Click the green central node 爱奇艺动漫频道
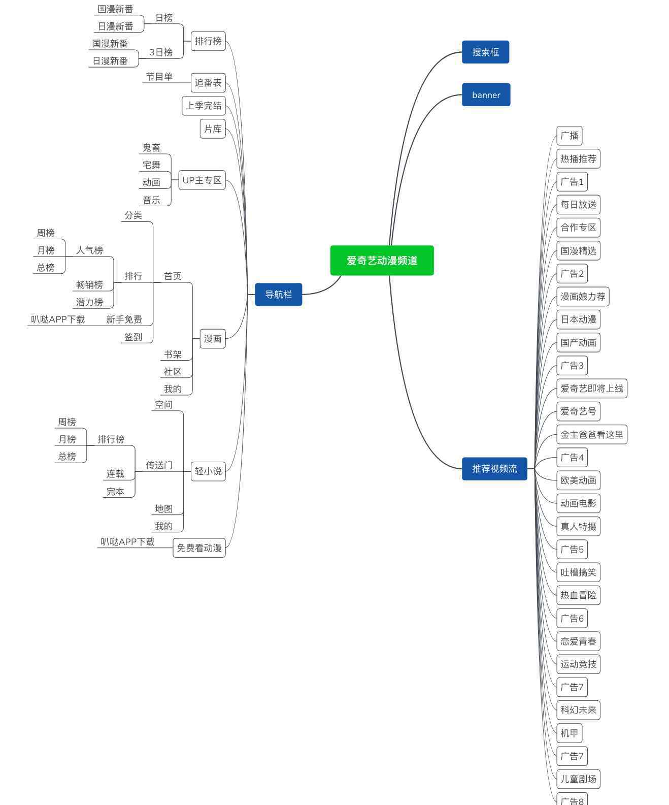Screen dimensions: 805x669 pos(382,261)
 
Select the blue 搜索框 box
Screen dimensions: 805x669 pos(485,52)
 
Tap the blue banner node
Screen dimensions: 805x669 pos(486,95)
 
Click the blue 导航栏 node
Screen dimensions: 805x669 pos(278,295)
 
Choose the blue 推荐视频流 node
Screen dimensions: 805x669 pos(494,469)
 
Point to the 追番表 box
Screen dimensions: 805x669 pos(208,83)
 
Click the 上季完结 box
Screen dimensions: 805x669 pos(204,106)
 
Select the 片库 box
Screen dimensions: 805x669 pos(213,129)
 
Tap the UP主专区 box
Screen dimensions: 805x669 pos(202,180)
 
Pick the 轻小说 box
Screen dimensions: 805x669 pos(208,471)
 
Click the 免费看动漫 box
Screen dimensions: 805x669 pos(199,548)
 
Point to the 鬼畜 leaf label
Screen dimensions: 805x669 pos(151,148)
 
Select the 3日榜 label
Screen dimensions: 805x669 pos(161,52)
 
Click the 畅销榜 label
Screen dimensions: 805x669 pos(89,285)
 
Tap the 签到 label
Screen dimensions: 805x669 pos(133,337)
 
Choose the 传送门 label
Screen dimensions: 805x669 pos(159,465)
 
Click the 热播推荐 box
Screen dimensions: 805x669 pos(578,159)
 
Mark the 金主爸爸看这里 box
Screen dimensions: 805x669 pos(592,435)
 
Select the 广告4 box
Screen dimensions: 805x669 pos(572,458)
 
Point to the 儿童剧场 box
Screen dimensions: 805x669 pos(578,779)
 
